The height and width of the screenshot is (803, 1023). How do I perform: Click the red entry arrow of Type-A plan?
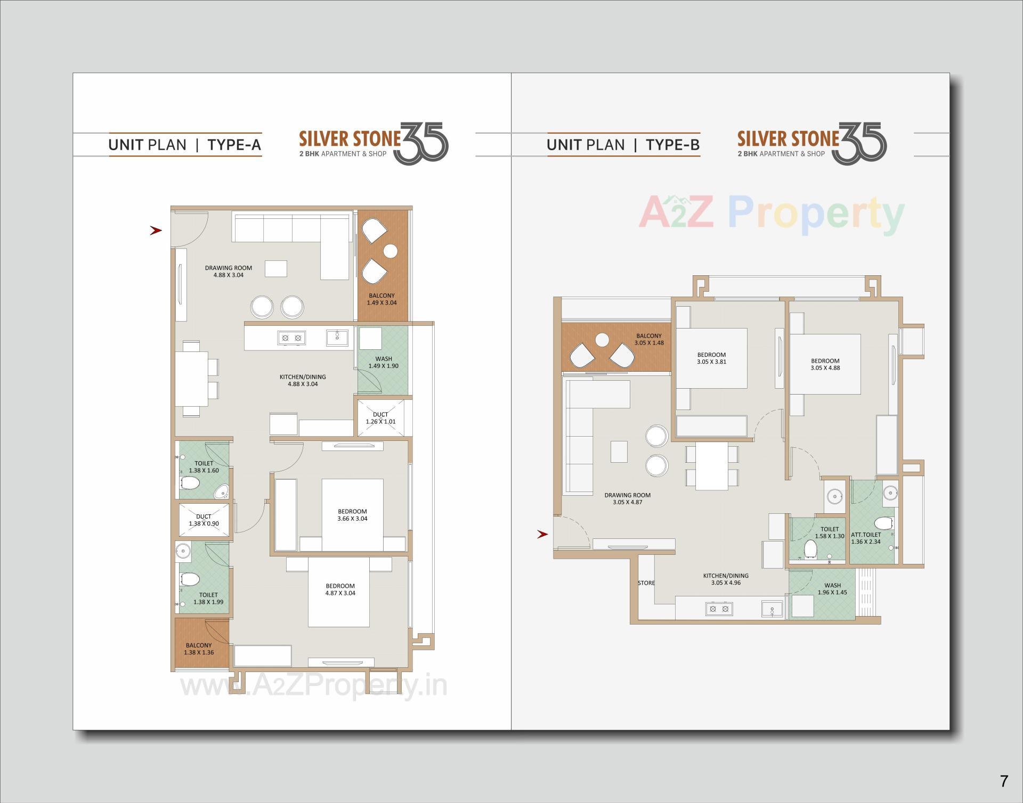pos(156,231)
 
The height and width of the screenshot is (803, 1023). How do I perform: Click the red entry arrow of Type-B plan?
pos(542,534)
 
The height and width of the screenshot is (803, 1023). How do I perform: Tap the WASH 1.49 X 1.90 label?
pos(383,363)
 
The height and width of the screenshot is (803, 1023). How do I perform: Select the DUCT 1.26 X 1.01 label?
pos(380,418)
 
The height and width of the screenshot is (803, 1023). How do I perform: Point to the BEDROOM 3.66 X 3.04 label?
pos(352,515)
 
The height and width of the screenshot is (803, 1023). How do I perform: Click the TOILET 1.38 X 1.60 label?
pos(204,467)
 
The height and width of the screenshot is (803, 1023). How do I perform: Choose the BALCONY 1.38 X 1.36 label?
pos(199,649)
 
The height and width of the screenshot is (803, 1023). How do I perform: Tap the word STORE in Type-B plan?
pos(646,583)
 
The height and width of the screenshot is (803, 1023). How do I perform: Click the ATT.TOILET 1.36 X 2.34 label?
pos(866,538)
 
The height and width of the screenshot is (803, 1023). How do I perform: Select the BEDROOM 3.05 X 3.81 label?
pos(711,358)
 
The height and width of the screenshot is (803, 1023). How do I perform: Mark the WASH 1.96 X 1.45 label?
pos(832,589)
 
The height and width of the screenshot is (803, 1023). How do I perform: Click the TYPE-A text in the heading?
pos(234,145)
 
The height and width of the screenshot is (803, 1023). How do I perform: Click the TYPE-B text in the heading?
pos(672,145)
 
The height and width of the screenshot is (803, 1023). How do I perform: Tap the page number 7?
pos(1004,781)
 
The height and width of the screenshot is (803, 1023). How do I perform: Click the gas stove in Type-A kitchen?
pos(291,338)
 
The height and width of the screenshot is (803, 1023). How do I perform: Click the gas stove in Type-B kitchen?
pos(719,608)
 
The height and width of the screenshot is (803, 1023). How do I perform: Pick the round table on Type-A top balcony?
pos(391,251)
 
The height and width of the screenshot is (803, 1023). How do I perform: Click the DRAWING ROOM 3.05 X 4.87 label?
pos(627,498)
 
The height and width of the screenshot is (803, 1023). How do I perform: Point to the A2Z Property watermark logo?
pos(771,215)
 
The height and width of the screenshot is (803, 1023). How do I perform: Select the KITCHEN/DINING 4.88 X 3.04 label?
pos(303,380)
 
